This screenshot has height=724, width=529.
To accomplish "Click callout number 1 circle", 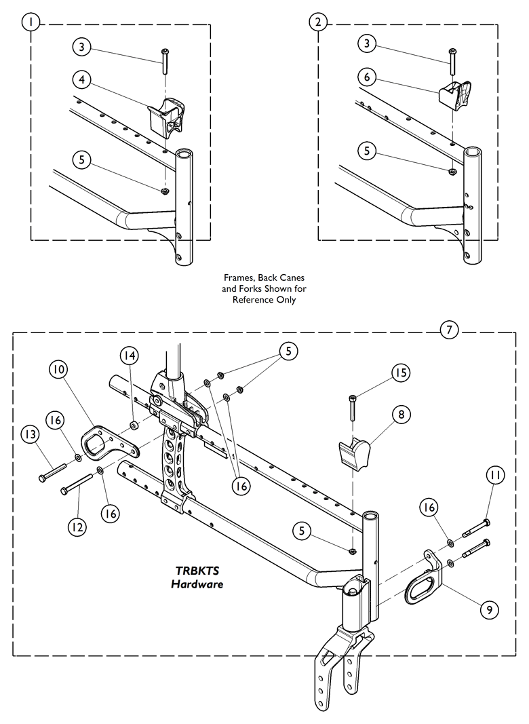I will (x=31, y=22).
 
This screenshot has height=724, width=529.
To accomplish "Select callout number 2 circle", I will (x=318, y=22).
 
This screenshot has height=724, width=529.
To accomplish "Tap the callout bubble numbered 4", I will (x=81, y=80).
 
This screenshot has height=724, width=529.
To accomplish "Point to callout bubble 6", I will (x=367, y=77).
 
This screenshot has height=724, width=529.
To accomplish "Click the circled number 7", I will (x=449, y=330).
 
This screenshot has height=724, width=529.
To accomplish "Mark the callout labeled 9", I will (x=486, y=609).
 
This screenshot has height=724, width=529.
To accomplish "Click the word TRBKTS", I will (x=196, y=571).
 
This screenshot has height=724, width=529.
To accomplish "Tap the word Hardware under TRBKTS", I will (x=197, y=584).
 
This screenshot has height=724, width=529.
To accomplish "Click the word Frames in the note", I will (x=238, y=278).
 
